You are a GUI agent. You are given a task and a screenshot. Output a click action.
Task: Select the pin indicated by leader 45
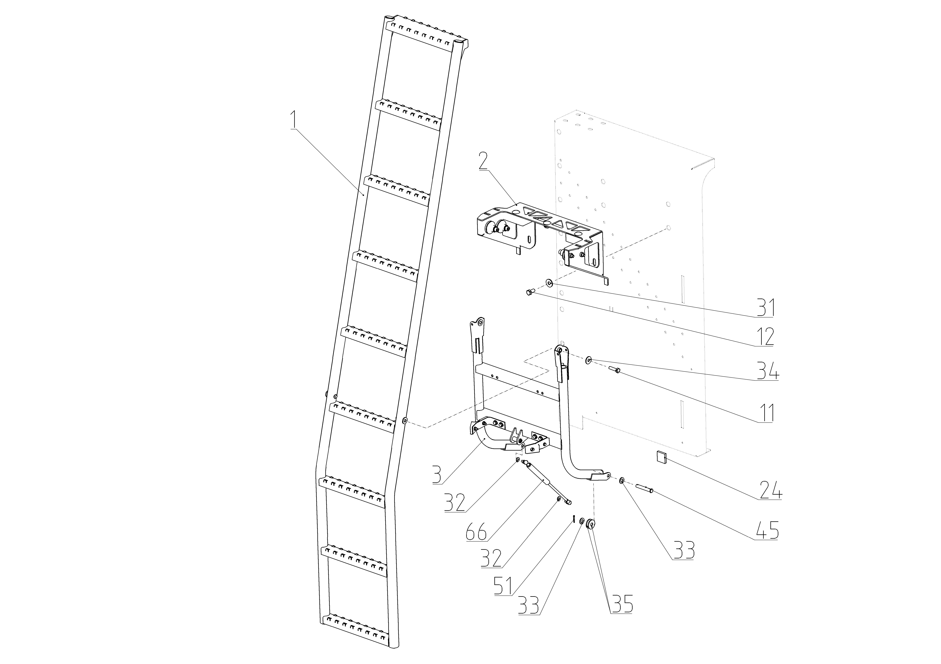point(644,488)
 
